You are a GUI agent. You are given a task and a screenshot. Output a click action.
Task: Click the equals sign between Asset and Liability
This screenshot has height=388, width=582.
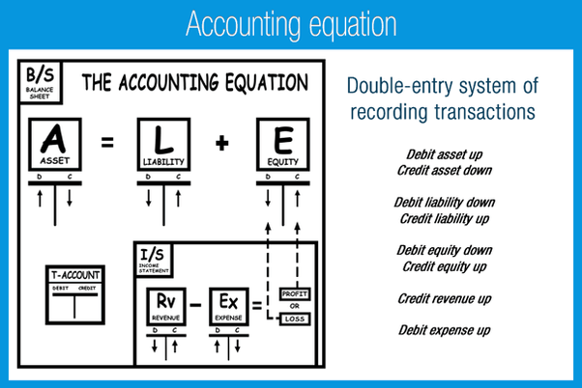(x=107, y=144)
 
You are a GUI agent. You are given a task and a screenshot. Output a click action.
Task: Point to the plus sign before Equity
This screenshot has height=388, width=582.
(x=221, y=144)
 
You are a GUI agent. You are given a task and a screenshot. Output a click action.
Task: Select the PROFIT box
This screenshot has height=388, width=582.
(x=294, y=291)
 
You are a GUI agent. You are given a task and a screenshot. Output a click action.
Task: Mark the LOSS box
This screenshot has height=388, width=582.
(x=294, y=319)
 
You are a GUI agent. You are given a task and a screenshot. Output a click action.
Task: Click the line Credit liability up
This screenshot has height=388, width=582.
(x=446, y=218)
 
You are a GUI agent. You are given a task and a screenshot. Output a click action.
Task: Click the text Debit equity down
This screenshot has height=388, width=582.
(x=446, y=250)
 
